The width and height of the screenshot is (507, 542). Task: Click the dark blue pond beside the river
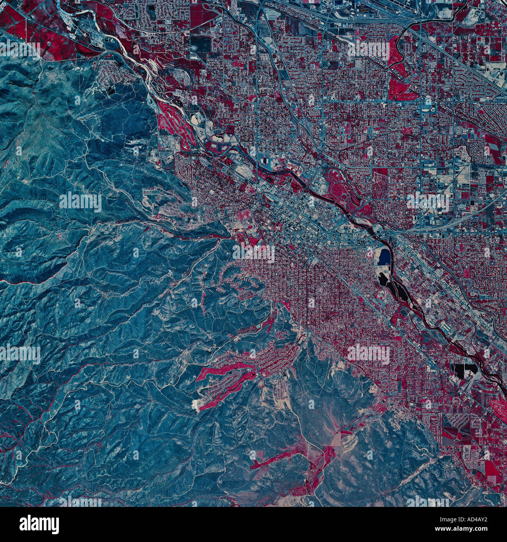point(384,257)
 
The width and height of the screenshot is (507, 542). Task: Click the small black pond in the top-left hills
point(112,89)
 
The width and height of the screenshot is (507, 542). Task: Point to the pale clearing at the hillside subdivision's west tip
point(197,406)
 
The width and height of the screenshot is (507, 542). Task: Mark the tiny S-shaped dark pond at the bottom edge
point(306,499)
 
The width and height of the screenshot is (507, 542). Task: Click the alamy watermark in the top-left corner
point(19,49)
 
